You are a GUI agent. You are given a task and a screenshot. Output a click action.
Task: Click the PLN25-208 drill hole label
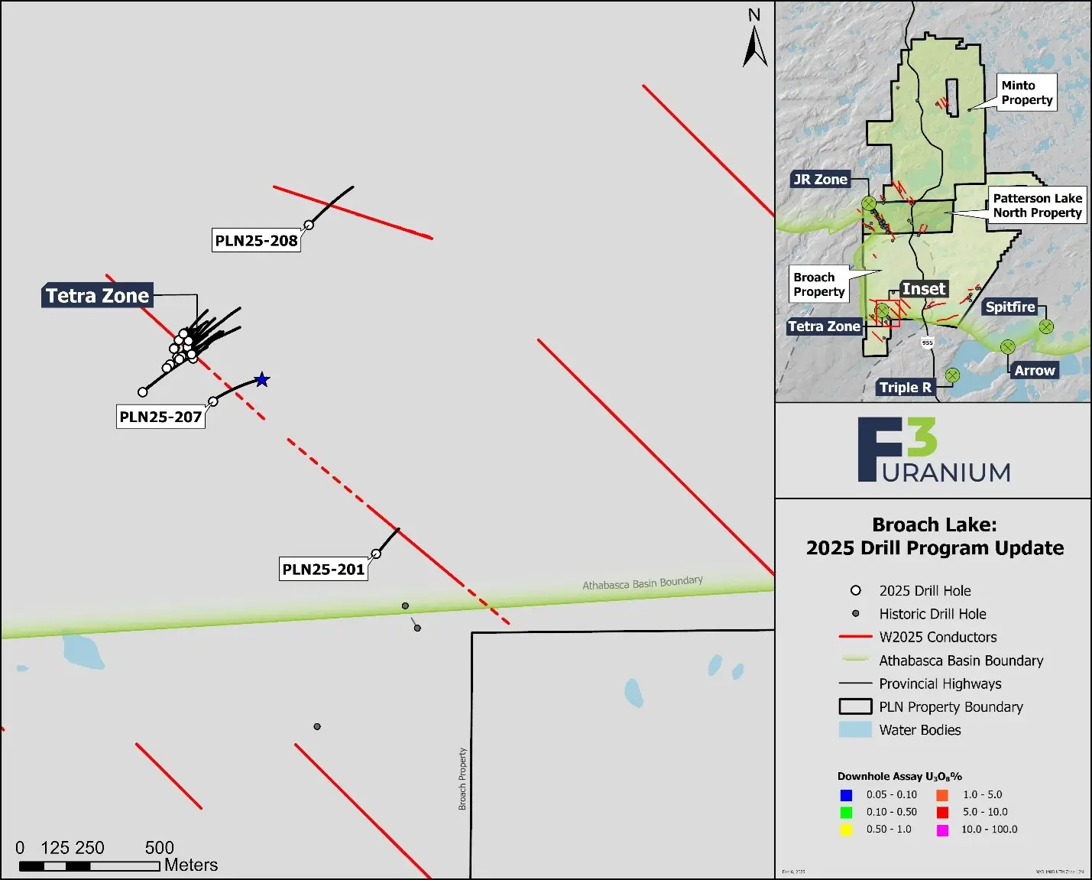click(256, 240)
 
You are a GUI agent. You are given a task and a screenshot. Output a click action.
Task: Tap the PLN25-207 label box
click(160, 417)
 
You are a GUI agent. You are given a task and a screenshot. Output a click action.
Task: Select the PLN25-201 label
click(323, 569)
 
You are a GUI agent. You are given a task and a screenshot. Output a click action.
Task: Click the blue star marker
click(262, 379)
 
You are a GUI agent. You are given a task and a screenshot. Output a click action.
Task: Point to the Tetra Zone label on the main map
click(97, 296)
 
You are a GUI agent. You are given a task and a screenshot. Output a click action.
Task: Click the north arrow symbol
click(755, 46)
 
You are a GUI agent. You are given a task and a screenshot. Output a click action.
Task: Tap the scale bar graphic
click(89, 866)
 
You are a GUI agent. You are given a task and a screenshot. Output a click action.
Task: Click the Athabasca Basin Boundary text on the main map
click(643, 583)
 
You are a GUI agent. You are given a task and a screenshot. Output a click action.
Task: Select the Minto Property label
click(1026, 93)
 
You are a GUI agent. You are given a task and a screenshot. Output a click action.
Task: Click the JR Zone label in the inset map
click(820, 180)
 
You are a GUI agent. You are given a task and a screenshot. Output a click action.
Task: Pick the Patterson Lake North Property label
click(1037, 205)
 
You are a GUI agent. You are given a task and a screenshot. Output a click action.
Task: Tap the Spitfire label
click(1009, 307)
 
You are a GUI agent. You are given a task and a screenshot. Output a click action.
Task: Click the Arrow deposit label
click(1035, 370)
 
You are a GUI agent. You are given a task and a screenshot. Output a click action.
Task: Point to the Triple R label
click(906, 387)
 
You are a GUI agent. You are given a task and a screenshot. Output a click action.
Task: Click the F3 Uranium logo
click(933, 450)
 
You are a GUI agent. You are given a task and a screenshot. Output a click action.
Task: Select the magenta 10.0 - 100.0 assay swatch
click(942, 830)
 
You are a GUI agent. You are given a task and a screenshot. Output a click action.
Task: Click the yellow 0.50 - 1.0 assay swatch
click(846, 830)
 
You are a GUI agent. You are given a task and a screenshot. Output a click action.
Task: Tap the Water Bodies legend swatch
click(855, 730)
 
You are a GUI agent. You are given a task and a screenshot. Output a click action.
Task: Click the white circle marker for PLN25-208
click(309, 225)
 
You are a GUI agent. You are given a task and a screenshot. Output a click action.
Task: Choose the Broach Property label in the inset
click(818, 284)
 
